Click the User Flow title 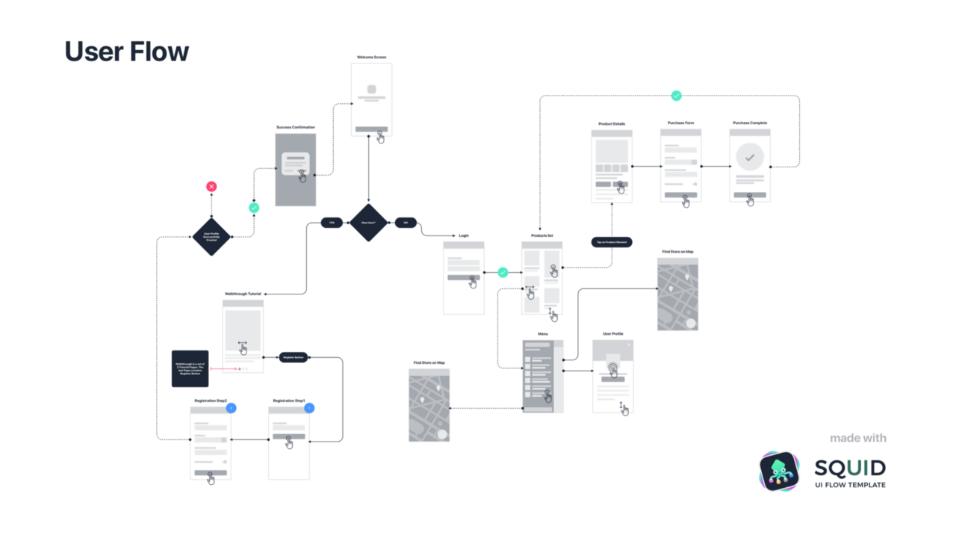click(126, 52)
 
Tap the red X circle click(211, 186)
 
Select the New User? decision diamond click(368, 223)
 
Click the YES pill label click(332, 223)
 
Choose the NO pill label click(406, 223)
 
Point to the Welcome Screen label click(371, 57)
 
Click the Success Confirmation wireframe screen click(296, 170)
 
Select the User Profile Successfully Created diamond click(211, 236)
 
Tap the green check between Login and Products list click(503, 273)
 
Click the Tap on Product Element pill click(612, 242)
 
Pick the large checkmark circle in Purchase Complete click(750, 158)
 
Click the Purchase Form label click(680, 123)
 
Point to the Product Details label click(612, 124)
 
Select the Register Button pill click(294, 357)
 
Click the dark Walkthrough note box click(190, 368)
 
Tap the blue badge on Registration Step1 click(309, 408)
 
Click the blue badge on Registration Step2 click(231, 408)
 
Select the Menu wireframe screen click(542, 377)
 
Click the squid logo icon click(779, 471)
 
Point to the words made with click(858, 438)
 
